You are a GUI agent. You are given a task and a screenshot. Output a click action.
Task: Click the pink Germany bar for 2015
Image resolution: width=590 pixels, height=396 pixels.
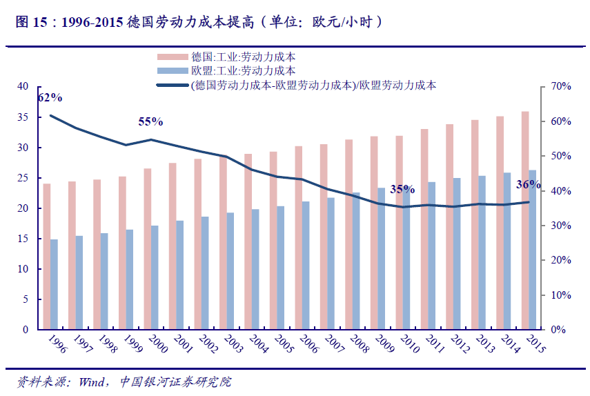click(525, 220)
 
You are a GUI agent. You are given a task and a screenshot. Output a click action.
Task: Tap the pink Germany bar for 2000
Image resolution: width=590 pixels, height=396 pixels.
click(148, 248)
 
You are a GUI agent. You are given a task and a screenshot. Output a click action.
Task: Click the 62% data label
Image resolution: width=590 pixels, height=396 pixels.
click(50, 97)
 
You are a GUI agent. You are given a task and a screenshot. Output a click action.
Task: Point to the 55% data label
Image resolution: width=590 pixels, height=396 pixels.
click(150, 122)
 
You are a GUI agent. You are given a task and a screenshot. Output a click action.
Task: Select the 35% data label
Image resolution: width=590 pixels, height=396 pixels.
click(402, 189)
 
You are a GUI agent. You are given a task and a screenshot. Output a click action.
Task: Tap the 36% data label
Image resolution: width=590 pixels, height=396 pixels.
click(529, 185)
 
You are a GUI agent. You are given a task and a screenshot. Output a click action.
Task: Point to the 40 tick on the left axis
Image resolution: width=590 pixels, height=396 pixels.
click(23, 87)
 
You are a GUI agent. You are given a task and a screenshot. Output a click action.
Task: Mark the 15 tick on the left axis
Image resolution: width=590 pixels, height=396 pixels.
click(23, 239)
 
